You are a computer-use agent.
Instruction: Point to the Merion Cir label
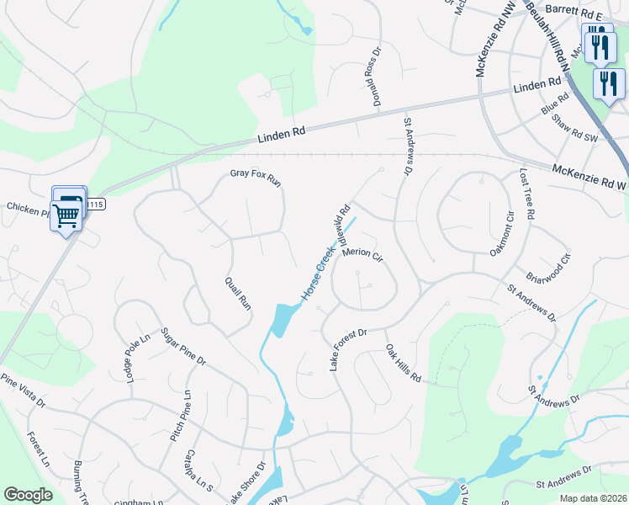[x=362, y=253]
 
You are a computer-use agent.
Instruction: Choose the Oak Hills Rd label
[x=403, y=363]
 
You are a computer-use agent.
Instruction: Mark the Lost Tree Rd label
[x=526, y=194]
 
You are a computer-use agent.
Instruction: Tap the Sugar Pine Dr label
[x=183, y=348]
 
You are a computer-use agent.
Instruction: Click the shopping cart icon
[x=67, y=215]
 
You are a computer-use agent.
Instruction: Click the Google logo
[x=28, y=495]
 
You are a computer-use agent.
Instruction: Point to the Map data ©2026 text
[x=592, y=498]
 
